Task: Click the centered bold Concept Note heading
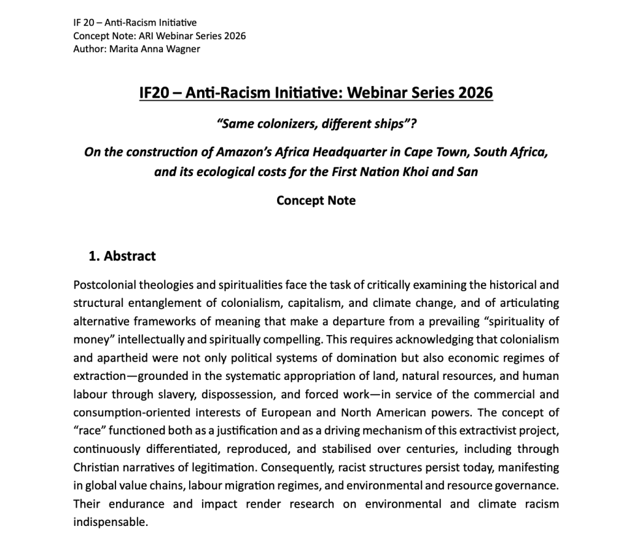(316, 201)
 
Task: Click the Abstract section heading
(130, 256)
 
